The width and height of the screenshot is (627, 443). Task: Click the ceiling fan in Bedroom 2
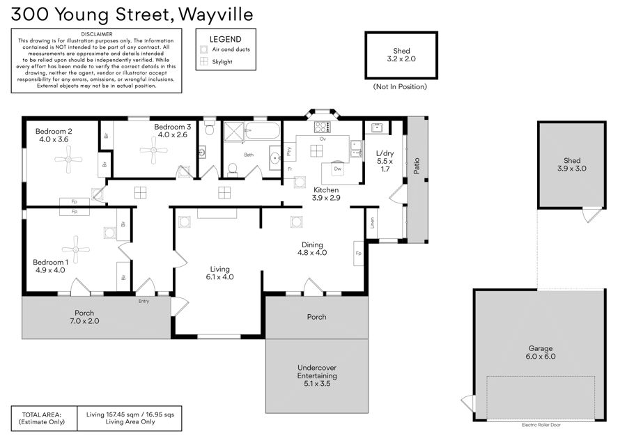(x=68, y=159)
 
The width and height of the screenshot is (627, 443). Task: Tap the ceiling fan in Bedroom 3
(x=153, y=150)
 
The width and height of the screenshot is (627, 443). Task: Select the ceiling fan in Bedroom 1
(x=75, y=249)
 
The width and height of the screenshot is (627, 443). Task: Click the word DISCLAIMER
(x=97, y=34)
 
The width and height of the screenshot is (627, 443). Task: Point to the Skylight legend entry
(x=217, y=61)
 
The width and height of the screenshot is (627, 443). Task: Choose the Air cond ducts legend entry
(x=225, y=49)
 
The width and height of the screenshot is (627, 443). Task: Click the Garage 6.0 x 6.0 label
(x=540, y=352)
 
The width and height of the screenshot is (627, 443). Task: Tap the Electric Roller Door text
(x=541, y=425)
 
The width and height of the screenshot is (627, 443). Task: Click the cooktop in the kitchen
(x=323, y=127)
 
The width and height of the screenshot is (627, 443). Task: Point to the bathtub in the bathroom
(x=262, y=131)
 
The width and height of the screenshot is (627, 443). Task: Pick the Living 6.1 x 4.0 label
(x=219, y=273)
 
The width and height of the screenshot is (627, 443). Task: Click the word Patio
(x=417, y=166)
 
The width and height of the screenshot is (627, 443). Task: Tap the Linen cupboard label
(x=372, y=223)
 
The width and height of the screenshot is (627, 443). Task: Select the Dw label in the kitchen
(x=337, y=169)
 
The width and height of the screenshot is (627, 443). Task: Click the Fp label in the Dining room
(x=358, y=253)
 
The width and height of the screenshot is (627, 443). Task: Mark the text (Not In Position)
(x=400, y=87)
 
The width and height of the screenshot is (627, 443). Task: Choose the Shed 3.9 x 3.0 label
(x=572, y=164)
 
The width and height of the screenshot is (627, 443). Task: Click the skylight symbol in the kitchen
(x=316, y=150)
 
